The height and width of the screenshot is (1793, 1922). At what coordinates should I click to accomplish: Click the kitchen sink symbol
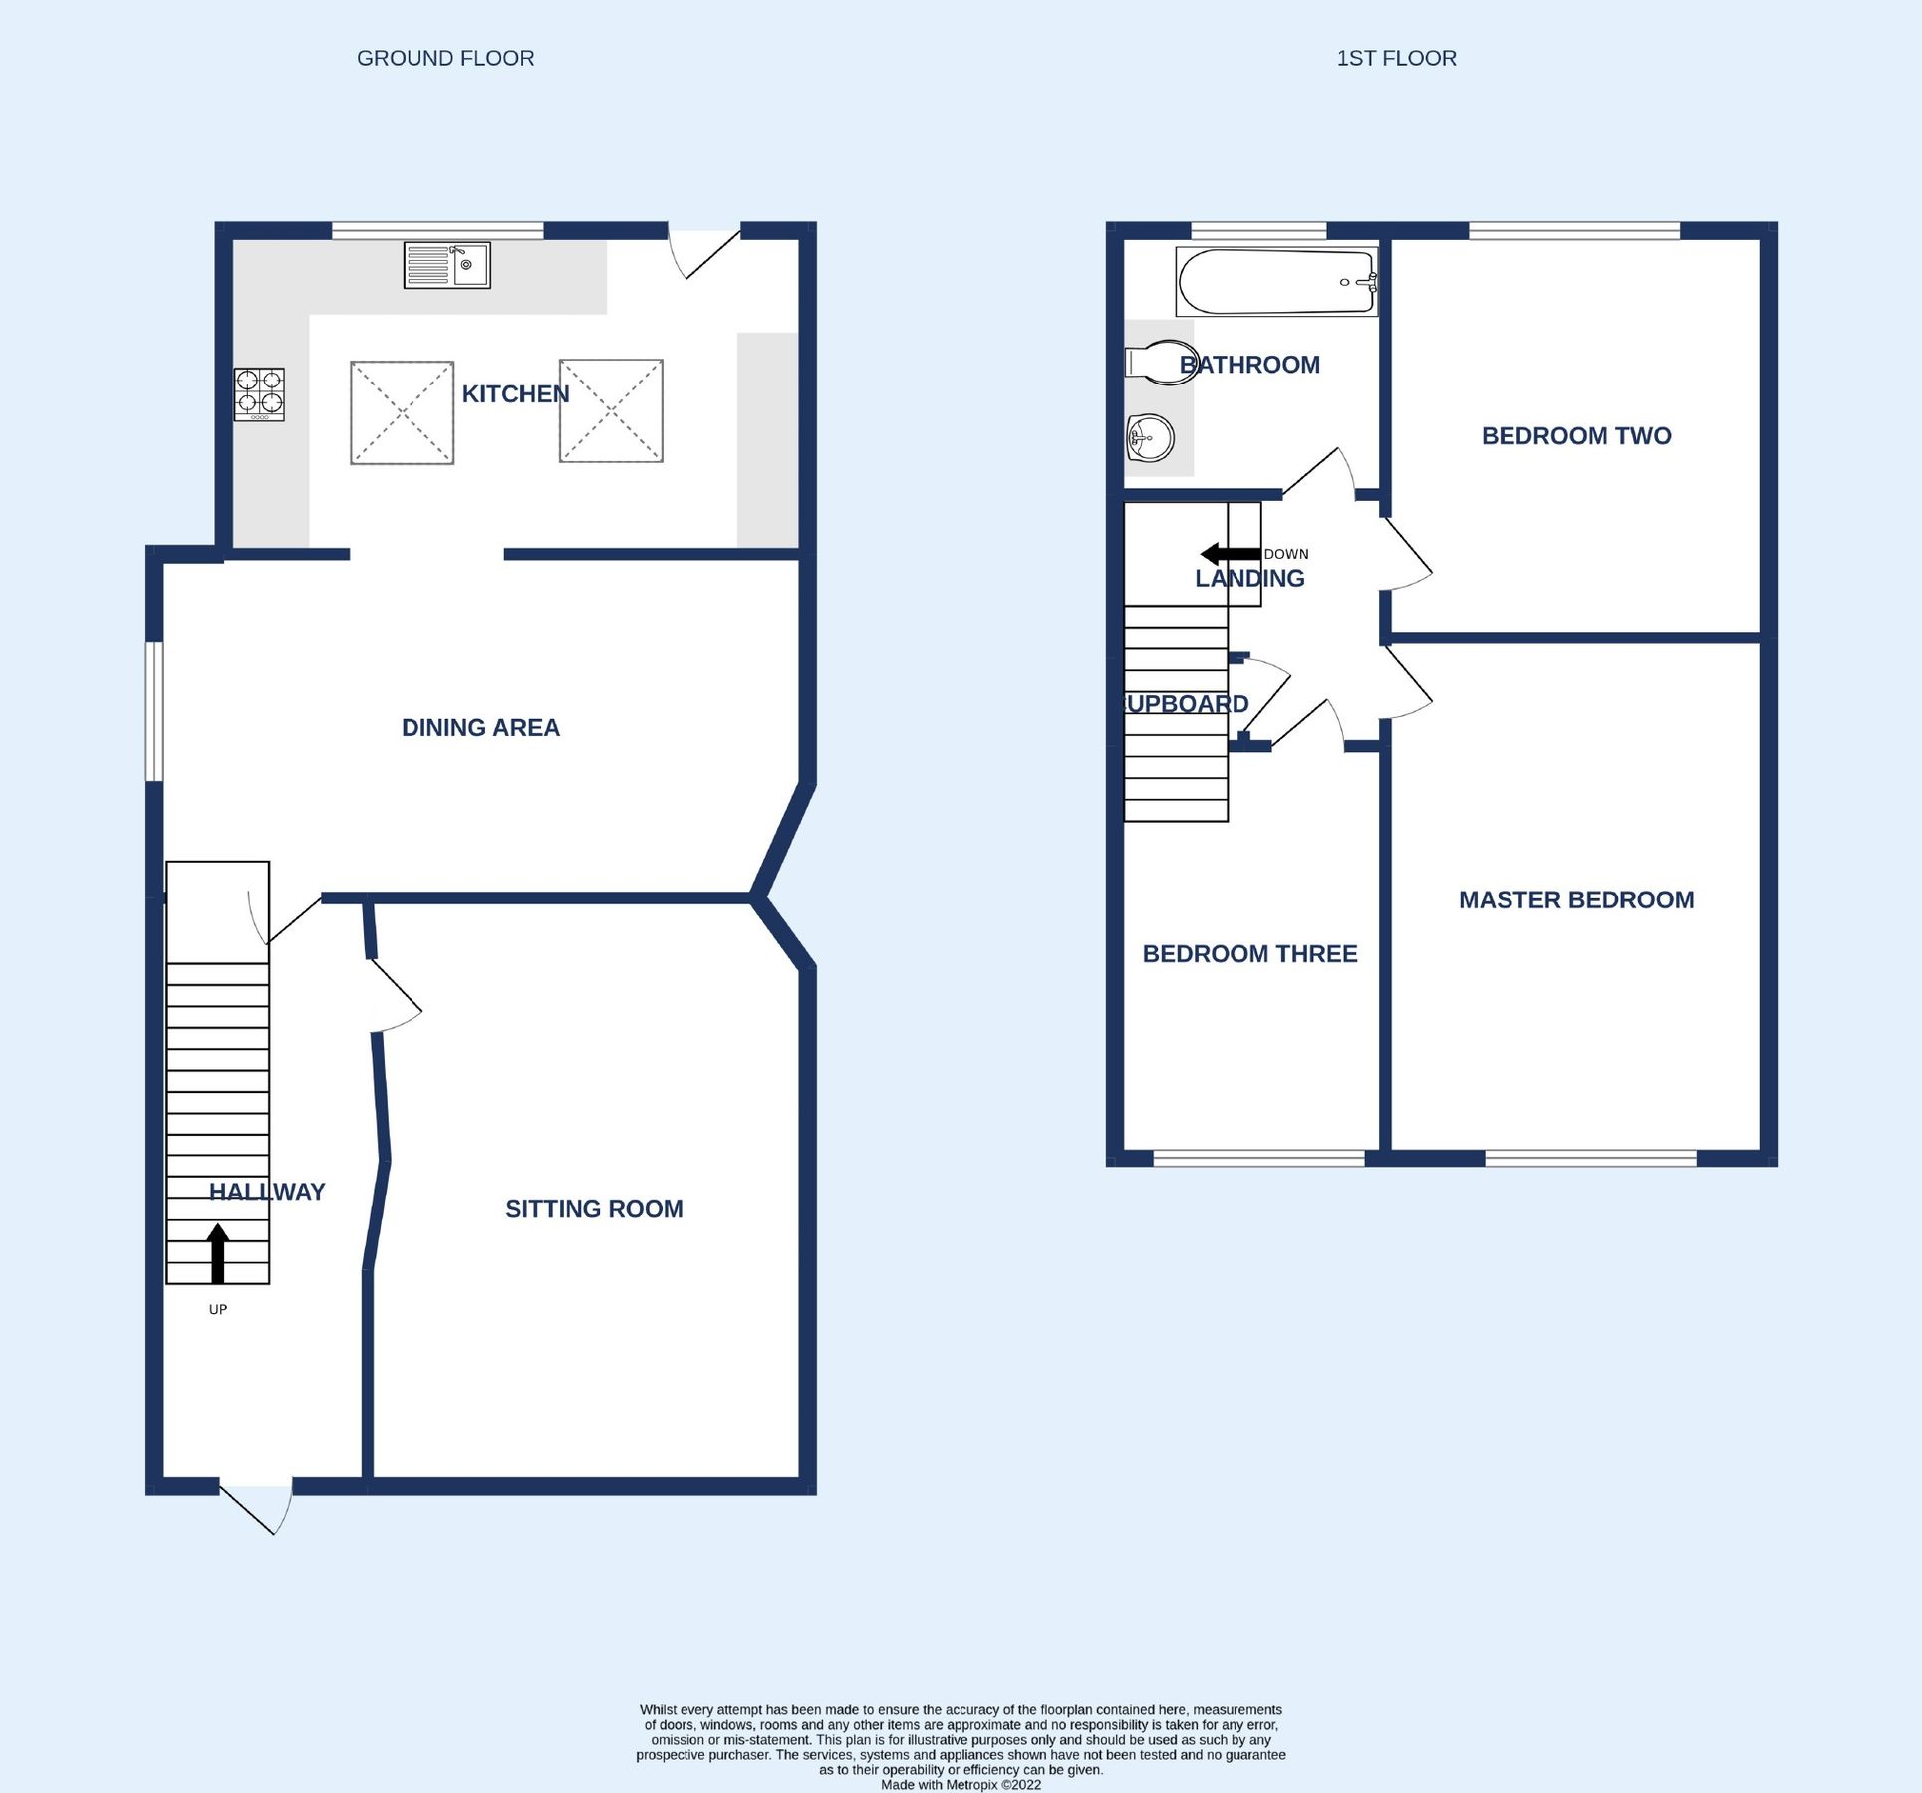click(x=446, y=265)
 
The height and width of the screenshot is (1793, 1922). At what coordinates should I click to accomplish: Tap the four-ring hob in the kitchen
click(x=259, y=394)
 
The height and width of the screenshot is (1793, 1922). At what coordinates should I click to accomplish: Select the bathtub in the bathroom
click(x=1276, y=282)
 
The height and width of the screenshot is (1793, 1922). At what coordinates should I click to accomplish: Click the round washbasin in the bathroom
click(x=1150, y=437)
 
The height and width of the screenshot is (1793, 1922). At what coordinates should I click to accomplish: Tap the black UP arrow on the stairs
click(x=218, y=1253)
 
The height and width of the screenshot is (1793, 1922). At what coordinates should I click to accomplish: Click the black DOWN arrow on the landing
click(x=1230, y=554)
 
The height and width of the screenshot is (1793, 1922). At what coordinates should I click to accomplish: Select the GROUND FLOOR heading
click(x=445, y=59)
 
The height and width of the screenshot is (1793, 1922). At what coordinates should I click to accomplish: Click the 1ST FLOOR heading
click(x=1396, y=59)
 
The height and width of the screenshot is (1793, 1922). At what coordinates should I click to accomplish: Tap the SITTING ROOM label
click(x=594, y=1209)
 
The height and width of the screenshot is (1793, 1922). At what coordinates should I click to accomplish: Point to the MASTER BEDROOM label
click(x=1575, y=900)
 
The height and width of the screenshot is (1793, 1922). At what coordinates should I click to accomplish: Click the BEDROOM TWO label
click(x=1575, y=436)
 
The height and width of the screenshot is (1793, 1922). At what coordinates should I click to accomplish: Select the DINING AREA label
click(x=480, y=728)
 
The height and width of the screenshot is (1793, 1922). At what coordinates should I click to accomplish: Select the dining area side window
click(x=154, y=711)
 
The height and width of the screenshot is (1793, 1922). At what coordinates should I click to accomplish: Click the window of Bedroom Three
click(x=1258, y=1158)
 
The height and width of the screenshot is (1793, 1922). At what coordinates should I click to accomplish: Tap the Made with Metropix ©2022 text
click(x=961, y=1785)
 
